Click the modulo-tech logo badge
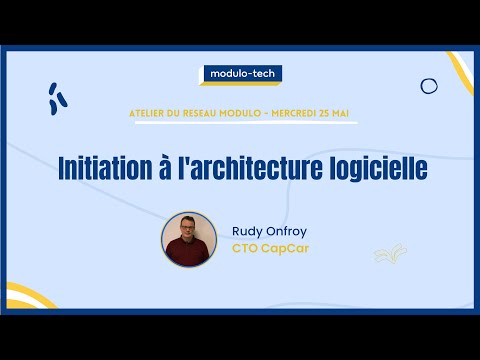[x=240, y=73]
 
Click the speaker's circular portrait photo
[x=189, y=239]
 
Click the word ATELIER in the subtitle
[x=151, y=114]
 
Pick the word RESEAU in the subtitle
[x=203, y=114]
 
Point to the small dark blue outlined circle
[x=429, y=86]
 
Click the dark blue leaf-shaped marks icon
[x=58, y=97]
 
